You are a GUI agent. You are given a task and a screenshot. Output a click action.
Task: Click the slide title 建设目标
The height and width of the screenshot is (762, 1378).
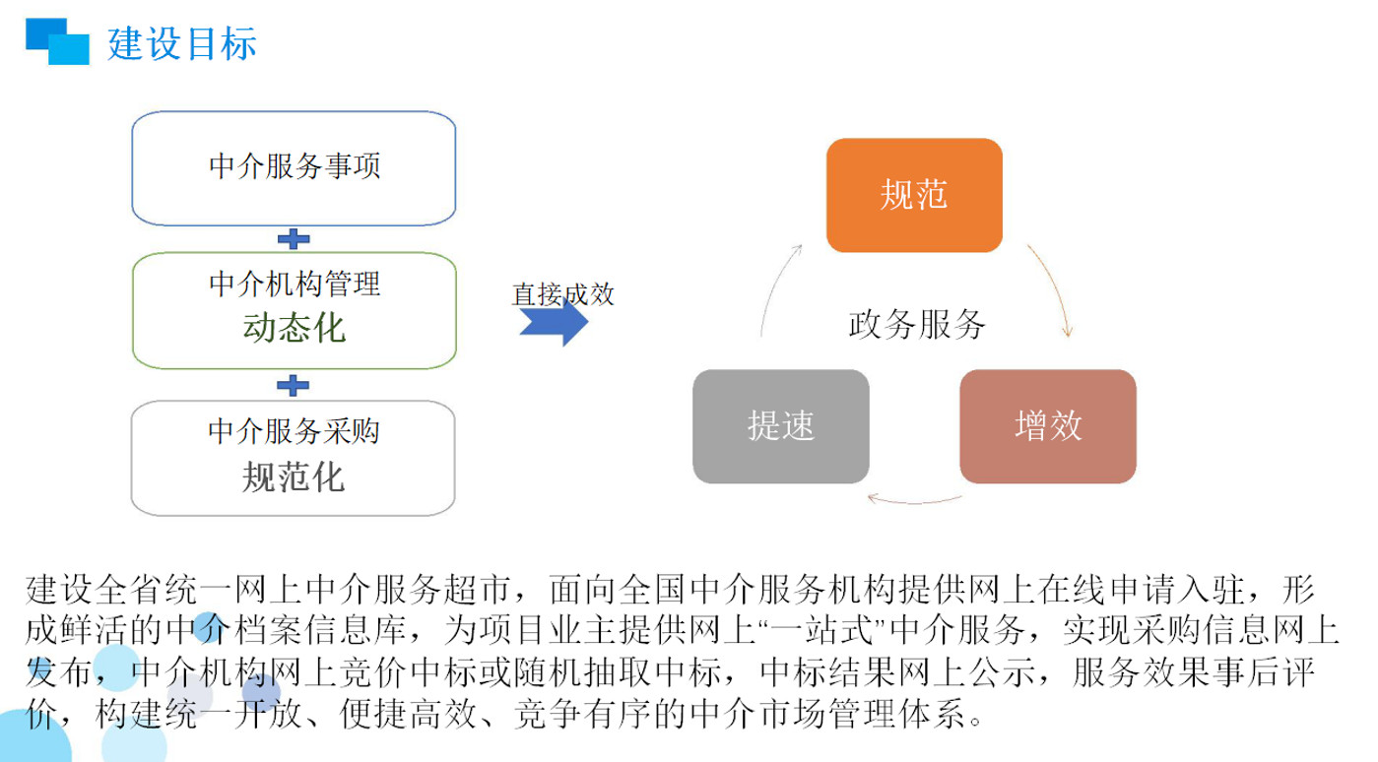pyautogui.click(x=182, y=43)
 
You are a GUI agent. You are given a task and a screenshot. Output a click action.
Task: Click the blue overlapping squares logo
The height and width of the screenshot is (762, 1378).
pyautogui.click(x=57, y=41)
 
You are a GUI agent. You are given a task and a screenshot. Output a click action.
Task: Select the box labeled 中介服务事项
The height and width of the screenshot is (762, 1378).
pyautogui.click(x=294, y=168)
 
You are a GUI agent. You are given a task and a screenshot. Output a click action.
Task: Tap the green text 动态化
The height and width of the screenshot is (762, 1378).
pyautogui.click(x=295, y=327)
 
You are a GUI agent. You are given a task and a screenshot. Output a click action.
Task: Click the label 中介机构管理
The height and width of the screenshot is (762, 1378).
pyautogui.click(x=295, y=285)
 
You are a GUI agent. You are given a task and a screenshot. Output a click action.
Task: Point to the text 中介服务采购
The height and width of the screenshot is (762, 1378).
pyautogui.click(x=294, y=431)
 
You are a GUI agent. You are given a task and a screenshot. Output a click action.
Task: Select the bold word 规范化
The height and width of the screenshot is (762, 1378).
pyautogui.click(x=294, y=477)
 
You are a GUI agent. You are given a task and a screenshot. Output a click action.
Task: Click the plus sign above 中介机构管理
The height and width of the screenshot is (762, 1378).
pyautogui.click(x=294, y=238)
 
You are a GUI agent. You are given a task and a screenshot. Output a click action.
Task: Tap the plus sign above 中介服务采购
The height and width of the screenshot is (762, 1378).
pyautogui.click(x=293, y=386)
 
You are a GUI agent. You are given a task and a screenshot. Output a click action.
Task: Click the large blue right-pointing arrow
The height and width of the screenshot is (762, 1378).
pyautogui.click(x=554, y=322)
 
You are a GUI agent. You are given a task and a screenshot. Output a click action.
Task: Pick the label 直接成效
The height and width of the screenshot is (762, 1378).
pyautogui.click(x=562, y=294)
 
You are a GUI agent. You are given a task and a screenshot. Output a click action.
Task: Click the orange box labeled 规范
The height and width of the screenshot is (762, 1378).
pyautogui.click(x=914, y=195)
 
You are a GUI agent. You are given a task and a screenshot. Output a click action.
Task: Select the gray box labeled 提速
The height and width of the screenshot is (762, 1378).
pyautogui.click(x=781, y=426)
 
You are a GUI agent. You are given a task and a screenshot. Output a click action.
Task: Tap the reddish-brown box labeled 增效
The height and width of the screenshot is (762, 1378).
pyautogui.click(x=1048, y=426)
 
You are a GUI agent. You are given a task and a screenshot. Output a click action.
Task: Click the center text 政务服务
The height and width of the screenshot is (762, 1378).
pyautogui.click(x=917, y=324)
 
